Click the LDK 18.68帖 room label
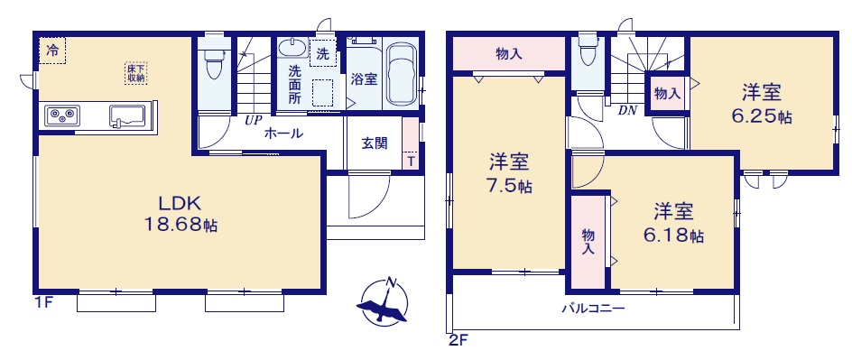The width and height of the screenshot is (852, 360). (180, 214)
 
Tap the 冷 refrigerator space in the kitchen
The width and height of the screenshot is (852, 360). (52, 51)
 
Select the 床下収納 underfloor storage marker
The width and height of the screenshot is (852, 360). (135, 73)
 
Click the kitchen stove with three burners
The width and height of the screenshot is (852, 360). (62, 115)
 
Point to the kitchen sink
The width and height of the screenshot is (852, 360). (127, 115)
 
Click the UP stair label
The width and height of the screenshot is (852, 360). (253, 121)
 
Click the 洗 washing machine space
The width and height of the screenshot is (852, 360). (323, 52)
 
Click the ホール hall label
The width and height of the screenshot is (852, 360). (283, 133)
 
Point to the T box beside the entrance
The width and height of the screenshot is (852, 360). (411, 161)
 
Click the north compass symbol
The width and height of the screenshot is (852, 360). (384, 301)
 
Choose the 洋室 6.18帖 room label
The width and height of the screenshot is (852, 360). (674, 223)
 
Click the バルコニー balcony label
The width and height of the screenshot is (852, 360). (593, 309)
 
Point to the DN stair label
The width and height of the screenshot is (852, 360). (626, 110)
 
